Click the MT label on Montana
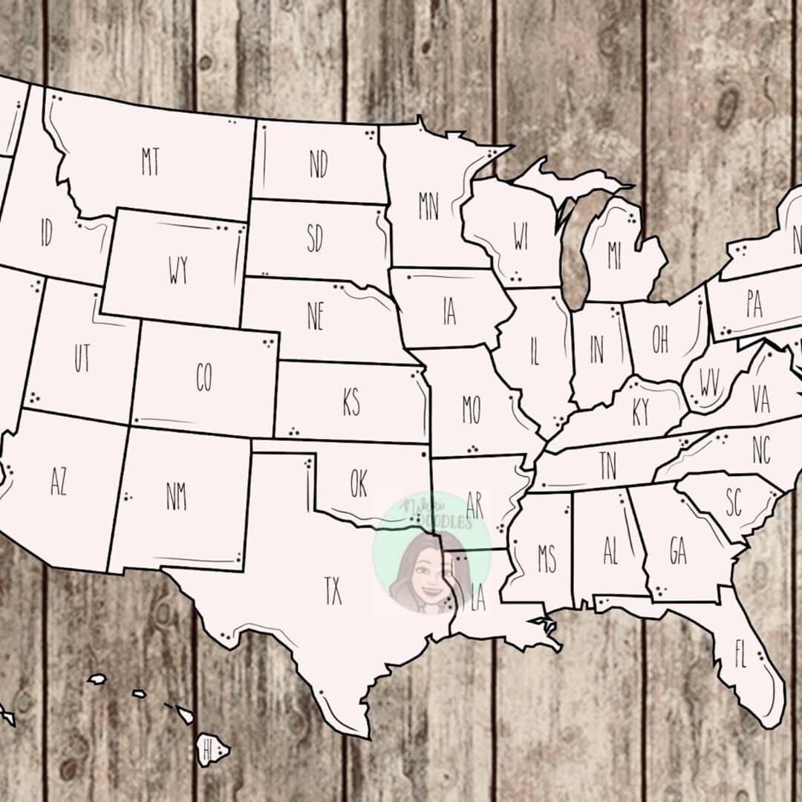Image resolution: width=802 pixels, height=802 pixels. (151, 162)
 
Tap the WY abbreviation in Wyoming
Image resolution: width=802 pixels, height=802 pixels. (178, 271)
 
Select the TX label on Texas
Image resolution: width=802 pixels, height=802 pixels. (333, 591)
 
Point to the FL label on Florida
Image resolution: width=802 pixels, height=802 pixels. (740, 654)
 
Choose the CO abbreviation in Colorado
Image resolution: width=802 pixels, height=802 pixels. (203, 377)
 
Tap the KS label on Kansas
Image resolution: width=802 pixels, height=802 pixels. (351, 403)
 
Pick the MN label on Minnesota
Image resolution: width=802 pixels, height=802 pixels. (428, 206)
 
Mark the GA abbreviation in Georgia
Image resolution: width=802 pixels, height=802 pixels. (677, 550)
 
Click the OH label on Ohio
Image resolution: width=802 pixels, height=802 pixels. (660, 339)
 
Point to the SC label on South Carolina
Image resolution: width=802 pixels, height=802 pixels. (734, 504)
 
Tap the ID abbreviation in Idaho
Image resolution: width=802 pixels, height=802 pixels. (46, 234)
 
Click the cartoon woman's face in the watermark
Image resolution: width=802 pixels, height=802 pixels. (426, 572)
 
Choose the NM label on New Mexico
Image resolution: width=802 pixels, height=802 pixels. (176, 495)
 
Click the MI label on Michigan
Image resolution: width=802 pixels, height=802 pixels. (614, 256)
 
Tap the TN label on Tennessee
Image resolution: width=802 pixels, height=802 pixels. (608, 466)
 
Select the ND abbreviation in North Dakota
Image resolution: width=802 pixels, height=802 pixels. (319, 164)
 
